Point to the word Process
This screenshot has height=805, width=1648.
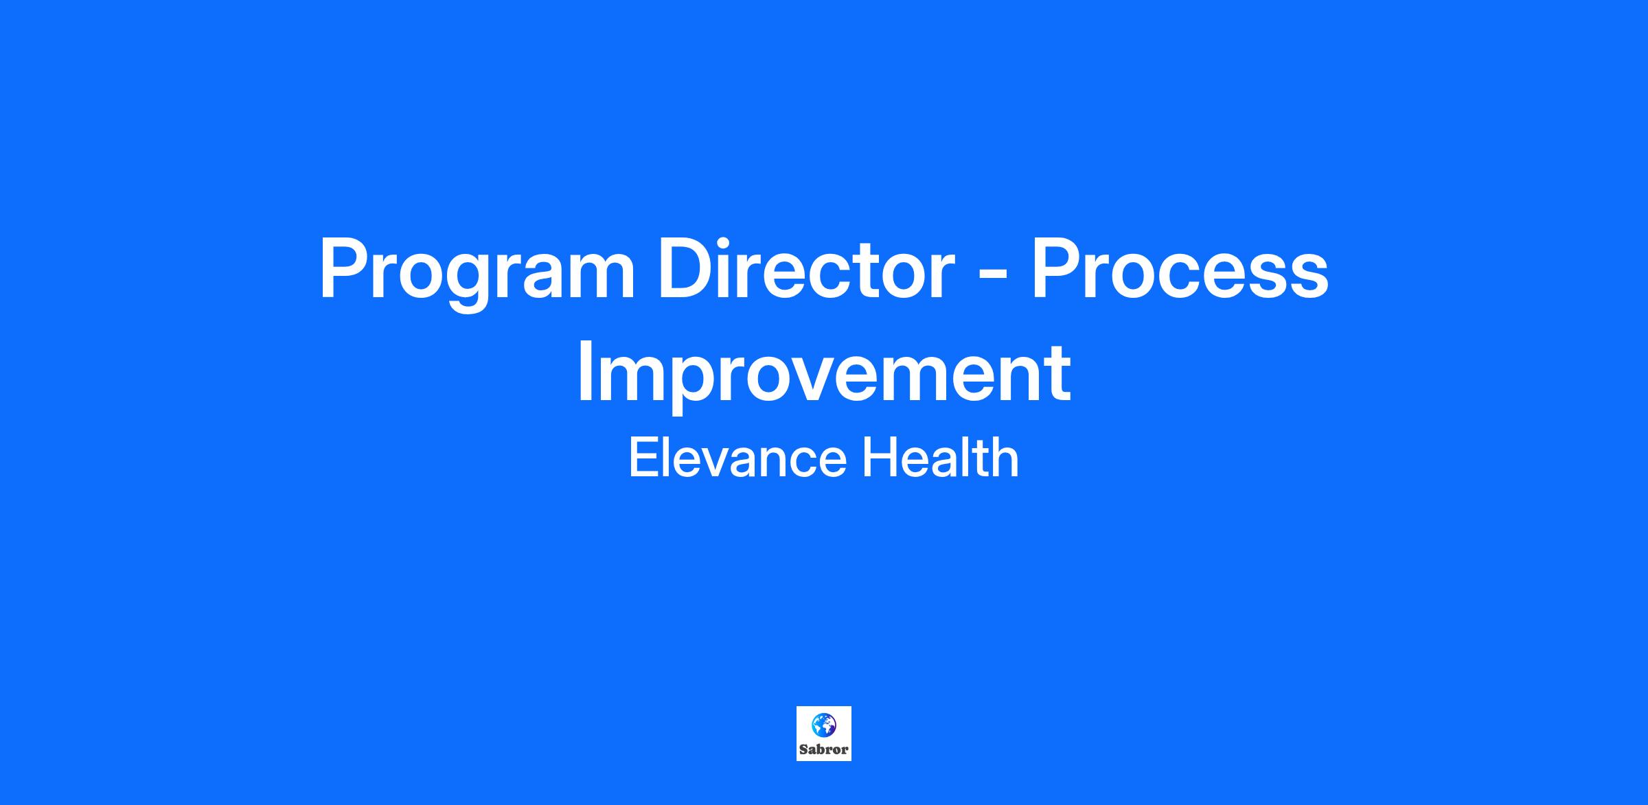pos(1180,268)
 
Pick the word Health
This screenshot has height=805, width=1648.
pos(940,458)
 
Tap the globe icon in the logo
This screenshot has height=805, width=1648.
pos(823,724)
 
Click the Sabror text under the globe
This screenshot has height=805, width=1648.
pos(823,749)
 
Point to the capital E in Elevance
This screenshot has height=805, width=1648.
pos(643,458)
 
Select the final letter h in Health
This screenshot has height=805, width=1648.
pos(1007,458)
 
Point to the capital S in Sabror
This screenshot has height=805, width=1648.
pos(803,749)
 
